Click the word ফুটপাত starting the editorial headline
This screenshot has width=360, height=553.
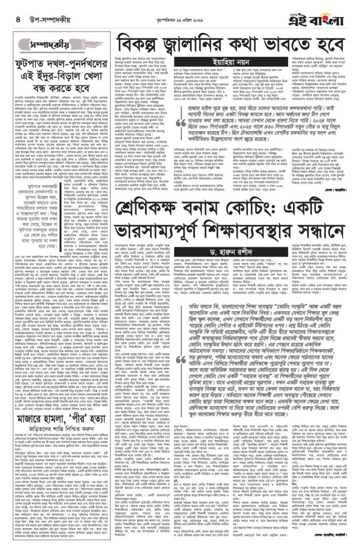click(x=38, y=63)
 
